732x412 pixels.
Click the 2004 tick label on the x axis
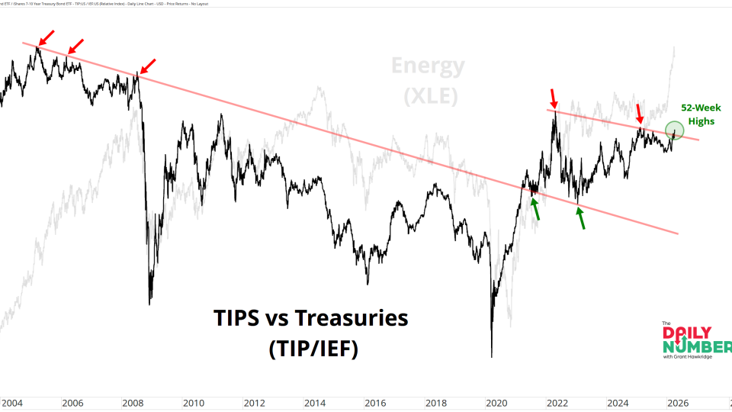click(12, 403)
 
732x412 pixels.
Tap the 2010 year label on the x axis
click(194, 403)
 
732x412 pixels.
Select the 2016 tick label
click(375, 403)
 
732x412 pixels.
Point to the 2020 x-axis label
click(496, 403)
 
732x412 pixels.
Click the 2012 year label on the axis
click(254, 403)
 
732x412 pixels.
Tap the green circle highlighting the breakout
click(674, 131)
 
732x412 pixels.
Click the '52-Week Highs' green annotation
click(701, 114)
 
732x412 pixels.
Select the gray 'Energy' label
click(428, 66)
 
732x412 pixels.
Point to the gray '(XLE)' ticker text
click(428, 96)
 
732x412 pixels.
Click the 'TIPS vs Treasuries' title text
click(310, 317)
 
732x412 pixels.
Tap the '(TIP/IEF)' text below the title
click(313, 349)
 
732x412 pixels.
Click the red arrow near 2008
click(148, 66)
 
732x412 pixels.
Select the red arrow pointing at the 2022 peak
click(554, 98)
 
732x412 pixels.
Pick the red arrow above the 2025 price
click(640, 113)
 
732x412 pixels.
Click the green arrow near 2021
click(536, 208)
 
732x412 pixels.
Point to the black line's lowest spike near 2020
click(492, 356)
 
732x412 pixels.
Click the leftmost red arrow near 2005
click(46, 37)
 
